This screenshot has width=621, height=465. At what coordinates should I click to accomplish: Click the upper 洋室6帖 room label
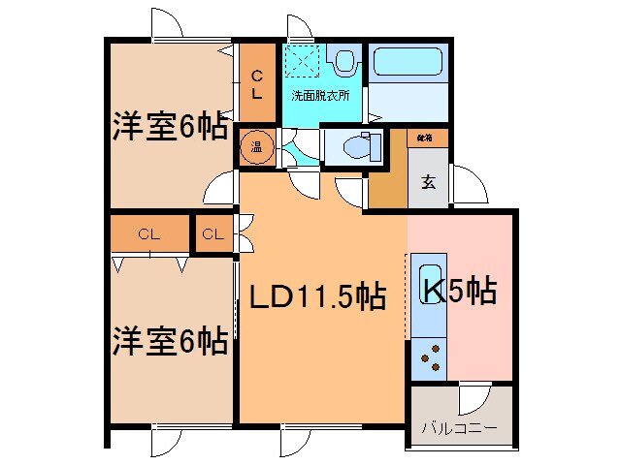pyautogui.click(x=169, y=127)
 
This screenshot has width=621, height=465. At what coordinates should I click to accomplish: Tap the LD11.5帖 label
pyautogui.click(x=315, y=296)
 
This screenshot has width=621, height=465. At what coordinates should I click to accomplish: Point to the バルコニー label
pyautogui.click(x=459, y=427)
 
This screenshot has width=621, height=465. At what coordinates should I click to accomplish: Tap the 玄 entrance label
pyautogui.click(x=428, y=181)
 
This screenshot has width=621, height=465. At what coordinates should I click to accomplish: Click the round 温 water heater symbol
pyautogui.click(x=257, y=148)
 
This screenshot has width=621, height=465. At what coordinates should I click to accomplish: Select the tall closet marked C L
pyautogui.click(x=257, y=85)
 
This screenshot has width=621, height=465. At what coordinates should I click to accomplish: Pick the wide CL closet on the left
pyautogui.click(x=148, y=233)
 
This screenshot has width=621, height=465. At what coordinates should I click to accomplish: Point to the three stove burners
pyautogui.click(x=427, y=357)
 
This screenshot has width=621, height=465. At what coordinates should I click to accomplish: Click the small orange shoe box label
pyautogui.click(x=427, y=139)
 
